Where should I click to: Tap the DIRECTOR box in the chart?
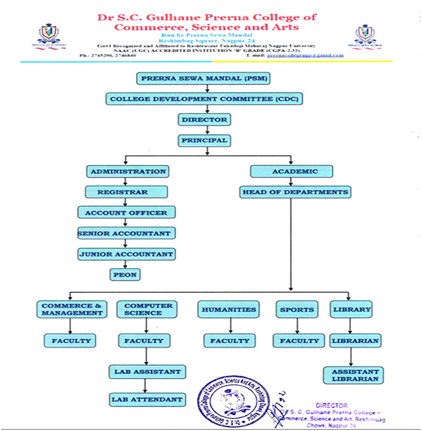[204, 120]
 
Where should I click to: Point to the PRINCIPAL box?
[204, 140]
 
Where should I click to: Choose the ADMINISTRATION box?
[128, 171]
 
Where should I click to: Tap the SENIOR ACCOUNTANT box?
[125, 233]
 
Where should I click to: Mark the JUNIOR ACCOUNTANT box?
[126, 254]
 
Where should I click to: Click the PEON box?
[125, 275]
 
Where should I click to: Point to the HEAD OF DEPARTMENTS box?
[294, 192]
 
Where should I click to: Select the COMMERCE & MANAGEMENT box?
[72, 309]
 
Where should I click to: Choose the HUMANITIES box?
[229, 309]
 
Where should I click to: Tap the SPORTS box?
[296, 309]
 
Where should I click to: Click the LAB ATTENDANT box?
[147, 399]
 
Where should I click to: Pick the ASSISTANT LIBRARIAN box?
[352, 375]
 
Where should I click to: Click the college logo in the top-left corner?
[47, 34]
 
